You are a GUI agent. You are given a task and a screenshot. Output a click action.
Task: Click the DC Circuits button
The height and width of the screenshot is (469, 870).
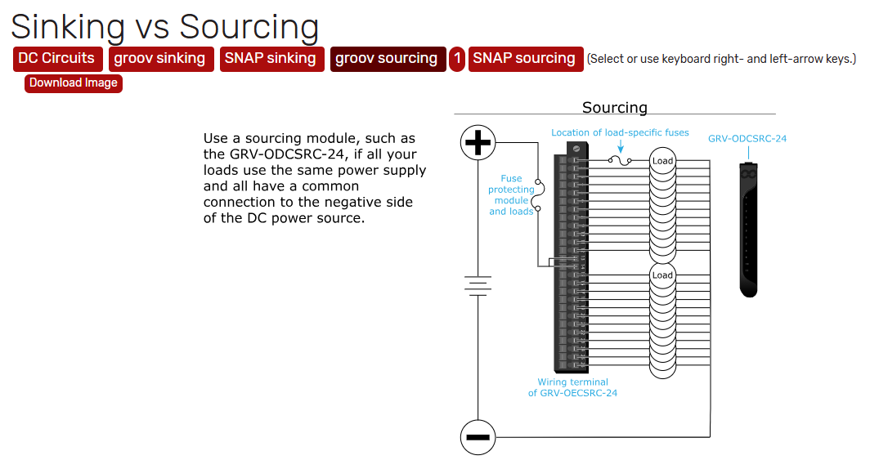pos(56,59)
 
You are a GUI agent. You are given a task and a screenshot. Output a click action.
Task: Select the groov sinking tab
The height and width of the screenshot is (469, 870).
pos(159,59)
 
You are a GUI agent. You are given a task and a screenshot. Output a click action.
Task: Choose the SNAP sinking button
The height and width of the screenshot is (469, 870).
pos(270,59)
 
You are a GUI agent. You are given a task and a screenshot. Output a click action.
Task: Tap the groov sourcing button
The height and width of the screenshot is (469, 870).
pos(386,59)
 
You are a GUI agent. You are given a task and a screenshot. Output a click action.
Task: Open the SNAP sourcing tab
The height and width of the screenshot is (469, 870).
pos(524,59)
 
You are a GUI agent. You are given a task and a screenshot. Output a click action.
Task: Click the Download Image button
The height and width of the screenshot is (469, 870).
pos(74,83)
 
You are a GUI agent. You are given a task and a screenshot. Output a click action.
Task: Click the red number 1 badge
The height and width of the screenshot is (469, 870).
pos(457,59)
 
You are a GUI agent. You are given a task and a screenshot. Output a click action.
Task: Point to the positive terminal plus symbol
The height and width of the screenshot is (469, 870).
pos(477,143)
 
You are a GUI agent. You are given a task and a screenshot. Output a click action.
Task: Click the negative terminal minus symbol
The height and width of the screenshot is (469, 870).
pos(477,436)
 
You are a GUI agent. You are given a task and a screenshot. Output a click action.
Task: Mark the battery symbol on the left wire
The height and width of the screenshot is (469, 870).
pos(477,285)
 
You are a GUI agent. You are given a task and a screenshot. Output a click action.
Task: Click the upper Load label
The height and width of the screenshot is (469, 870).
pos(662,161)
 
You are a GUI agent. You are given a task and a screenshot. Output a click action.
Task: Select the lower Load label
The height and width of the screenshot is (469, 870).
pos(662,275)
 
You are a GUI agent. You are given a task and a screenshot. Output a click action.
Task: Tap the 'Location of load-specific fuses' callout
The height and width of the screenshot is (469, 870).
pos(620,132)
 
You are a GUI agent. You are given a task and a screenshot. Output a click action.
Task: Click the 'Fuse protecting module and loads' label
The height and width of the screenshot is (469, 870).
pos(511,194)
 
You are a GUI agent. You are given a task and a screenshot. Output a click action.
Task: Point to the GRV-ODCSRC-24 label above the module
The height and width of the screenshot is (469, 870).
pos(747,139)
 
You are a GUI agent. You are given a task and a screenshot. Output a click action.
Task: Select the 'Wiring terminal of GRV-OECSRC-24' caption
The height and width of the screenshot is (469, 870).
pos(572,387)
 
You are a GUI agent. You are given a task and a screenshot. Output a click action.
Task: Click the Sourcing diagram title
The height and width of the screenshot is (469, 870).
pos(615,108)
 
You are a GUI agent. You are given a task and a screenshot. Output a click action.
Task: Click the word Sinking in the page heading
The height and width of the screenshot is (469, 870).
pos(68,26)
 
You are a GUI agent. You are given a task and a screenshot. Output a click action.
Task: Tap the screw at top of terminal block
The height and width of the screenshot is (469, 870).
pos(576,148)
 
